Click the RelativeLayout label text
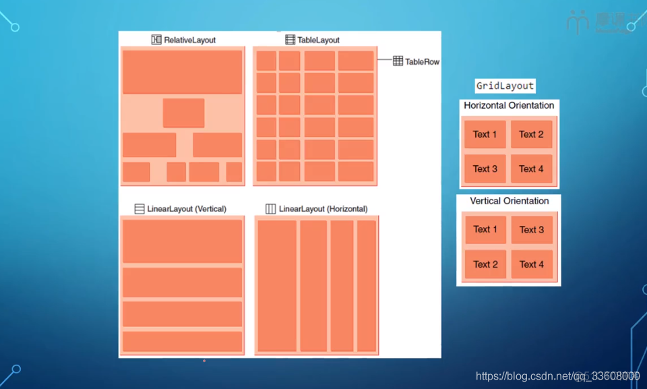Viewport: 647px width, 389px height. (189, 40)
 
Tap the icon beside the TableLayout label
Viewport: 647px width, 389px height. (290, 40)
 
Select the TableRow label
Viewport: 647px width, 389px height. (422, 61)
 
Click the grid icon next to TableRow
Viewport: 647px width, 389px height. (398, 61)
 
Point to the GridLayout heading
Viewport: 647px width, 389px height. (505, 86)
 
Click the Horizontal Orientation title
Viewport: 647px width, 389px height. (509, 106)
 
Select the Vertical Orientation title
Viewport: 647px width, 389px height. (509, 201)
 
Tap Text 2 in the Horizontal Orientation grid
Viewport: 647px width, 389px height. (531, 134)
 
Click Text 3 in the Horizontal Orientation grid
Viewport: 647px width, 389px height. (485, 169)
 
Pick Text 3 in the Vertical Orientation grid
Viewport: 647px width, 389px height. (532, 230)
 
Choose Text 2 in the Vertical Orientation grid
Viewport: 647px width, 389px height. (485, 264)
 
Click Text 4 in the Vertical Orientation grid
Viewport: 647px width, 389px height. (532, 264)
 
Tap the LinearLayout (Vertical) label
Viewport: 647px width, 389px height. (187, 209)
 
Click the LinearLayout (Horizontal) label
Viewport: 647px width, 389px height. (323, 209)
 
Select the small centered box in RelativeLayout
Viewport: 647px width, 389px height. (183, 113)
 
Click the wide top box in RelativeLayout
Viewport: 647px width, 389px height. (182, 71)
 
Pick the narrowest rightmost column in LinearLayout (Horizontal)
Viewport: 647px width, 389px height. (366, 286)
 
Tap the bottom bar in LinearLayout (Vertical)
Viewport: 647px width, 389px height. (182, 341)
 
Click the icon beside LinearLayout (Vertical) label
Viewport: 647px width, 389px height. (140, 209)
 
